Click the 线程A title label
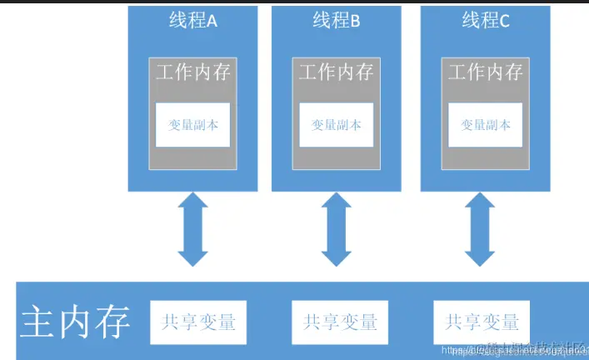[192, 21]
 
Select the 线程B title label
[336, 21]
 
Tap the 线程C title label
[486, 21]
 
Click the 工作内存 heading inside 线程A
[192, 72]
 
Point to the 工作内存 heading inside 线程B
[336, 72]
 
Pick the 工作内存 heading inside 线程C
[486, 72]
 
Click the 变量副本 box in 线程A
[192, 125]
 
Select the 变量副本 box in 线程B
[336, 125]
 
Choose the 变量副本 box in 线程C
[486, 125]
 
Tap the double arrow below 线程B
[337, 229]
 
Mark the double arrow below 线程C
[486, 229]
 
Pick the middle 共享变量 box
[340, 322]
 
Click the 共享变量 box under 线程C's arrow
[482, 322]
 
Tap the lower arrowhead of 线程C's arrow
[486, 256]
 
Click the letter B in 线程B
[355, 22]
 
